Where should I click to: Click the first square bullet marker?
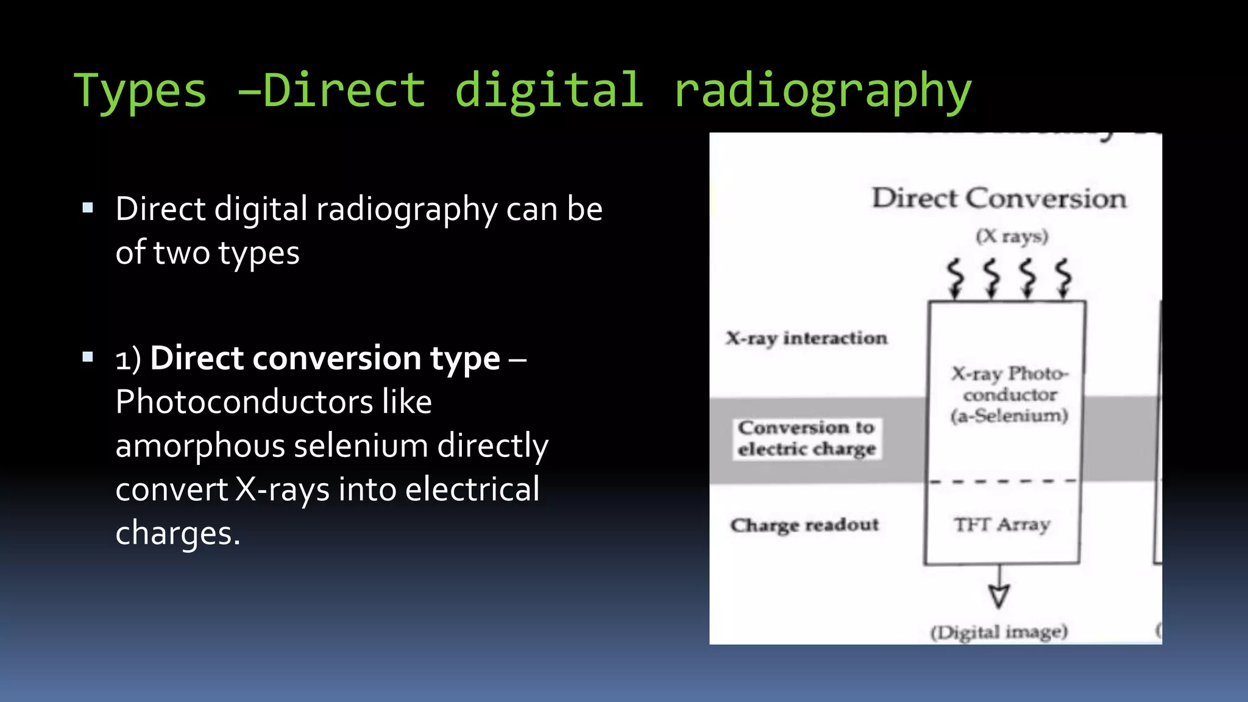[88, 208]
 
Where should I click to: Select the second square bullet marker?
[88, 357]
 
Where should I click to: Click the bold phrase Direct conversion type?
[325, 358]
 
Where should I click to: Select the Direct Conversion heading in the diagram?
[999, 199]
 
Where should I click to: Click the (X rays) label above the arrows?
[1012, 236]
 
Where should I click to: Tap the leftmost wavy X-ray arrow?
[955, 277]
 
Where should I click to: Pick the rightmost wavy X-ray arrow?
[1063, 277]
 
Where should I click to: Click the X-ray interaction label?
[806, 338]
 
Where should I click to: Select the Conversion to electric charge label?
[806, 438]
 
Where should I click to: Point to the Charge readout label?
[804, 525]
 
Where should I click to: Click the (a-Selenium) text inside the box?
[1009, 416]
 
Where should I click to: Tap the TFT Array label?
[1002, 524]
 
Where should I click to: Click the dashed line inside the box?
[1002, 481]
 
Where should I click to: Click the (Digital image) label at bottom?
[999, 632]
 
